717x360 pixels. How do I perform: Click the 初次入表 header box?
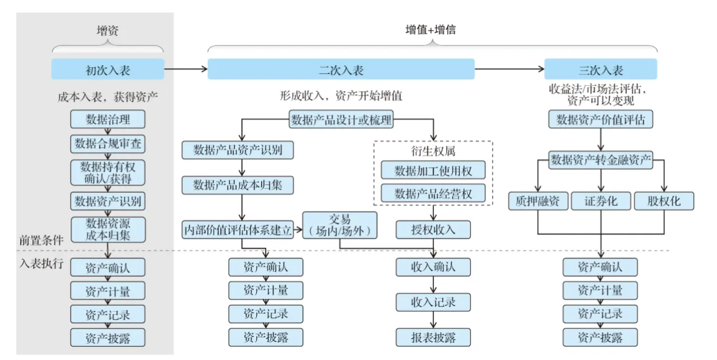tap(108, 69)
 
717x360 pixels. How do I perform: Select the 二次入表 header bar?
tap(341, 69)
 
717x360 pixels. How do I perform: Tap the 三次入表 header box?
tap(600, 69)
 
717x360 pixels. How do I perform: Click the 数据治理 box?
tap(108, 119)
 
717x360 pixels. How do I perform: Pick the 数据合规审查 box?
tap(108, 144)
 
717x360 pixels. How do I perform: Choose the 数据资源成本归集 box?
tap(108, 229)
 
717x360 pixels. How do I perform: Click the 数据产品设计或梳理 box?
tap(341, 120)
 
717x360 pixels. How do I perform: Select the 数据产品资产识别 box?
tap(238, 150)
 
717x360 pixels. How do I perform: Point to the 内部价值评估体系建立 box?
tap(238, 230)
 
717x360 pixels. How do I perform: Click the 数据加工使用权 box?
tap(433, 170)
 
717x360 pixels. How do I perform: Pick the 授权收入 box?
tap(433, 229)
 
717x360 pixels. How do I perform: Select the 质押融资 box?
tap(539, 201)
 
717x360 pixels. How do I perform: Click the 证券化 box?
tap(600, 201)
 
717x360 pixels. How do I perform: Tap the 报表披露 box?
tap(433, 337)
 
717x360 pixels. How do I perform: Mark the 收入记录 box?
tap(433, 302)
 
